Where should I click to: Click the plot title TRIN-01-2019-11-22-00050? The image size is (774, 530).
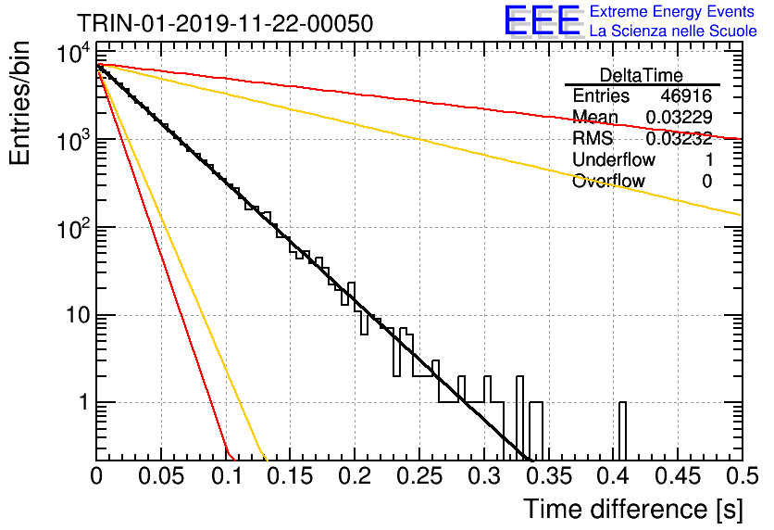click(x=225, y=24)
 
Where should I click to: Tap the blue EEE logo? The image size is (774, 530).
click(x=542, y=20)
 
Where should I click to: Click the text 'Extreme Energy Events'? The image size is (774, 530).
click(x=672, y=11)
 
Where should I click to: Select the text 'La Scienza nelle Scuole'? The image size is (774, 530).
click(x=673, y=32)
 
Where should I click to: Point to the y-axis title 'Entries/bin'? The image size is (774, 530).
click(x=19, y=103)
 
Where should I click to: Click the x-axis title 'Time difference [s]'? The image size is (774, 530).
click(x=633, y=510)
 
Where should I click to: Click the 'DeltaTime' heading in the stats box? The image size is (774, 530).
click(x=641, y=75)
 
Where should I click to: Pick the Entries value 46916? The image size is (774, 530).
click(x=686, y=95)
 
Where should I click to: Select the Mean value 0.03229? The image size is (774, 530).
click(x=679, y=117)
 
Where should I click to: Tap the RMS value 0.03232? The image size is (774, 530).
click(x=679, y=138)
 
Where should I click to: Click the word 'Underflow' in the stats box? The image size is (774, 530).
click(x=614, y=159)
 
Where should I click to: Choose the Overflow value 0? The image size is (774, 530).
click(x=706, y=181)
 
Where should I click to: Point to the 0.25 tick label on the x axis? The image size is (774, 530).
click(x=419, y=476)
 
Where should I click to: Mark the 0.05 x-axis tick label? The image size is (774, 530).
click(x=161, y=476)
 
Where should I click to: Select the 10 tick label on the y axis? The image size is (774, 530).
click(x=79, y=315)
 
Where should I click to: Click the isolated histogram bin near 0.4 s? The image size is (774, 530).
click(x=622, y=431)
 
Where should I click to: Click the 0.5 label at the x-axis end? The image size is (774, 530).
click(x=742, y=476)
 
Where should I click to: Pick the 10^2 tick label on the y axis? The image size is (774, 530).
click(x=74, y=228)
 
